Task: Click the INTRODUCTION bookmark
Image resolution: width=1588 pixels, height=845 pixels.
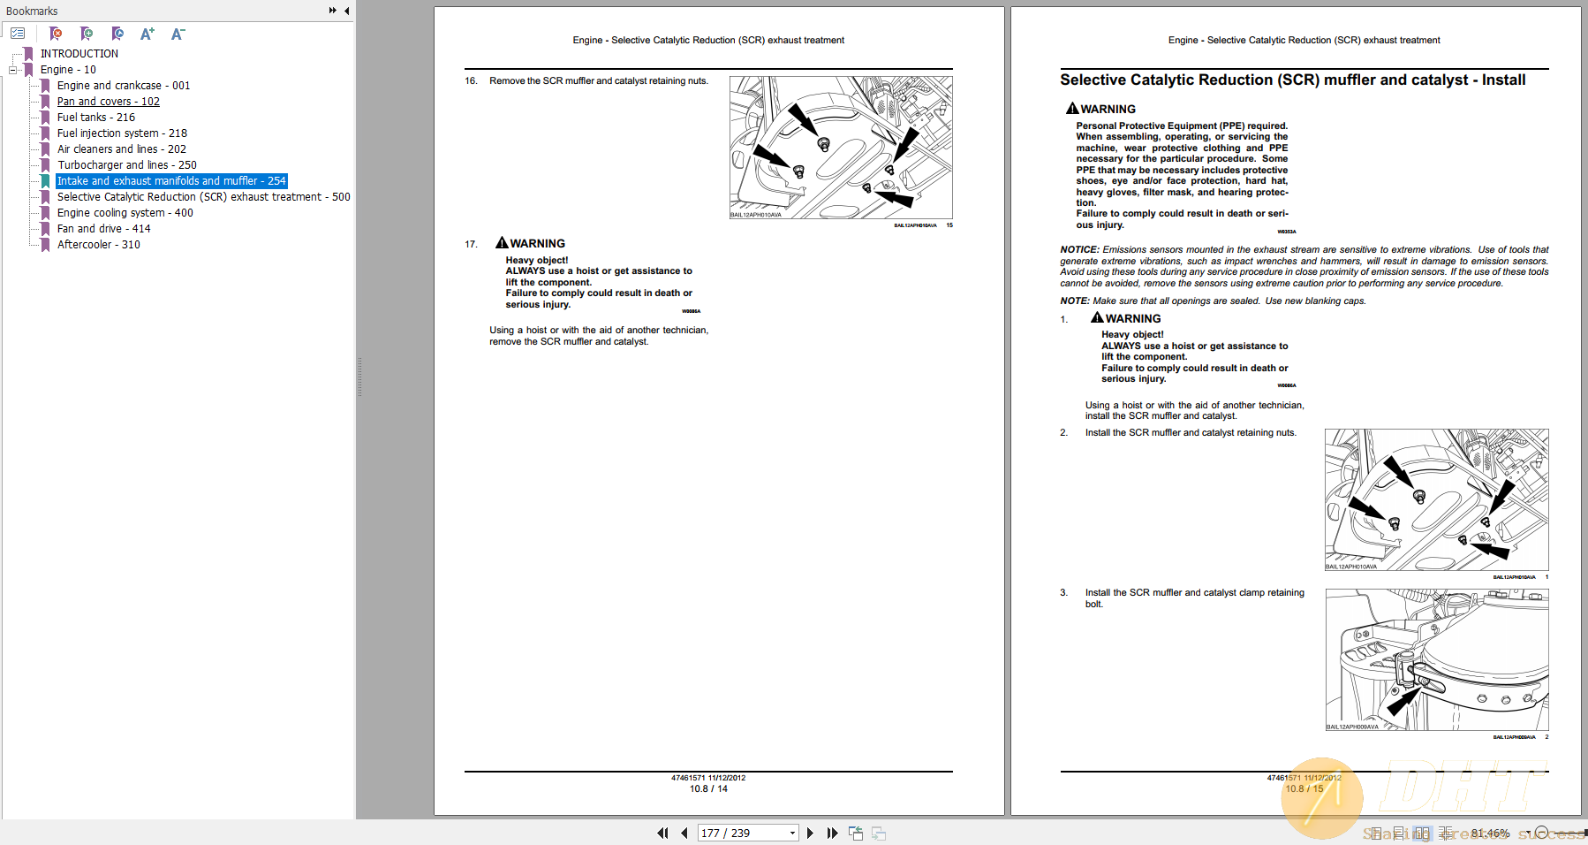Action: coord(79,54)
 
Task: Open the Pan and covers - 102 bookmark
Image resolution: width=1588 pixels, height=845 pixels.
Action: coord(108,102)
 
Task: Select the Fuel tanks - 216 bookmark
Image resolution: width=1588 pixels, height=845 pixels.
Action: coord(95,118)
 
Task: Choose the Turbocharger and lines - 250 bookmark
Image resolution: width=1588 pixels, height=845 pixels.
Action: coord(126,165)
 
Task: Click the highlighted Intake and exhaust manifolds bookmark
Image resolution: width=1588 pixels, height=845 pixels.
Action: coord(170,181)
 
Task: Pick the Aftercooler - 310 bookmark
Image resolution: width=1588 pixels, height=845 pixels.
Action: coord(98,245)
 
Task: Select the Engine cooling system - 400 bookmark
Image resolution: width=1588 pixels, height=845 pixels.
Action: coord(125,213)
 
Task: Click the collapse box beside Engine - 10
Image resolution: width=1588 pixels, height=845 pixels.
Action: coord(13,70)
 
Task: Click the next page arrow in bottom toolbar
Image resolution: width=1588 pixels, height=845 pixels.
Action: coord(810,833)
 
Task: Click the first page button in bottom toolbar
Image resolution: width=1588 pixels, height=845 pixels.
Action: coord(662,833)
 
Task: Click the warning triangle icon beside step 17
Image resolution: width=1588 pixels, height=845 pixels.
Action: coord(502,242)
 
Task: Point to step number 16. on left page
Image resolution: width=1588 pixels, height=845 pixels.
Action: coord(471,81)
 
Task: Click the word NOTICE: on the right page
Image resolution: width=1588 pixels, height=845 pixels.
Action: coord(1079,250)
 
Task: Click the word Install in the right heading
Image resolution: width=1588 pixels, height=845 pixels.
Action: coord(1503,80)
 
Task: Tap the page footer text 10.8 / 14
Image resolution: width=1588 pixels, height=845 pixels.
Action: coord(708,788)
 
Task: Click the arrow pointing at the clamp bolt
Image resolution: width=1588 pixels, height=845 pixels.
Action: coord(1402,701)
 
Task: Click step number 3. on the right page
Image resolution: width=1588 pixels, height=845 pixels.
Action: coord(1064,593)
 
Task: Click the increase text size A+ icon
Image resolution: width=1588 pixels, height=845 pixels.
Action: coord(147,34)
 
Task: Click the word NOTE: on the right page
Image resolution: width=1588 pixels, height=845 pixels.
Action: coord(1074,301)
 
